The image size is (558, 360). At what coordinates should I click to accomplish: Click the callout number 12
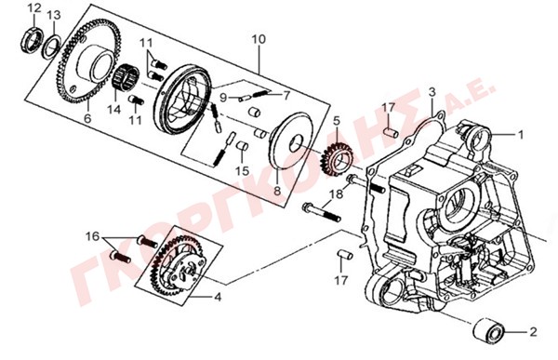pos(35,8)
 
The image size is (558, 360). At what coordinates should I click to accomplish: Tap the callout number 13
pos(54,15)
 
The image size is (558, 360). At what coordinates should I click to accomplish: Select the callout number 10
pos(259,39)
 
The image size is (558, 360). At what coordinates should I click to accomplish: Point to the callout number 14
pos(114,110)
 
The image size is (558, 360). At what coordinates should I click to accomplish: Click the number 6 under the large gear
pos(87,118)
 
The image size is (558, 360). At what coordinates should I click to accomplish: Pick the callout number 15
pos(243,171)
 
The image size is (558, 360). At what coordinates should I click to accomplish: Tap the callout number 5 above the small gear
pos(337,122)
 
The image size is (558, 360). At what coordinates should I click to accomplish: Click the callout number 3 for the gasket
pos(432,92)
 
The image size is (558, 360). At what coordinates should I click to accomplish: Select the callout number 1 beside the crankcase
pos(520,135)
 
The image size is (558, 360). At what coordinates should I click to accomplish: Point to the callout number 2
pos(533,332)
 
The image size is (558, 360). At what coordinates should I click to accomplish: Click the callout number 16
pos(93,236)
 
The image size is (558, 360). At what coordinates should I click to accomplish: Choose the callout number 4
pos(218,297)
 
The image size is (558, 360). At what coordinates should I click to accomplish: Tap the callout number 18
pos(337,194)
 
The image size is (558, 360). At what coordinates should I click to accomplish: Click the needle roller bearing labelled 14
pos(126,80)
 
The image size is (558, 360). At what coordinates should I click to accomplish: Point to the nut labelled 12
pos(32,40)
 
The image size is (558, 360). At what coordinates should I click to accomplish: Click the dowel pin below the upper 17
pos(391,132)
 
